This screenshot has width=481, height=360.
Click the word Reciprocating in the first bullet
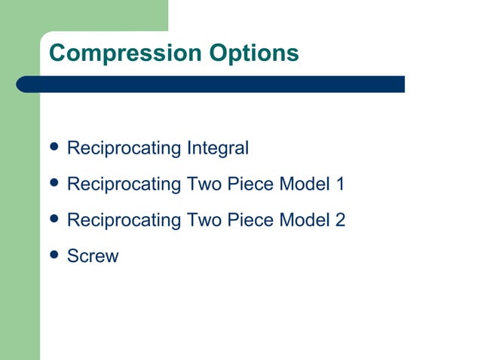[124, 148]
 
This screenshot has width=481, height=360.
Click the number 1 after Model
[339, 184]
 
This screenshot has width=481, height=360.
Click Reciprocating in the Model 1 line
[124, 184]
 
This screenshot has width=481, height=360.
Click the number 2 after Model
[340, 220]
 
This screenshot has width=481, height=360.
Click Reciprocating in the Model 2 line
[124, 220]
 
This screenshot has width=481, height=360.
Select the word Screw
[93, 256]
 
